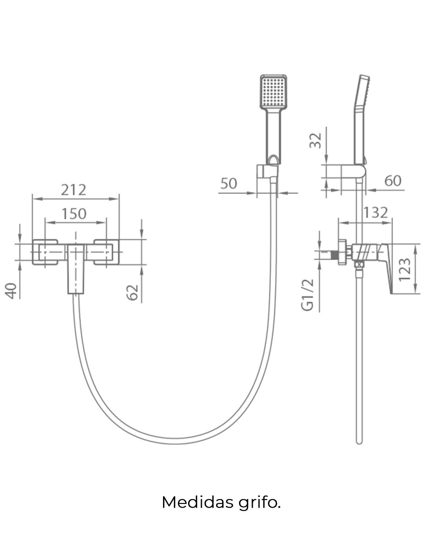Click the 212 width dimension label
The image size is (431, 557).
coord(74,190)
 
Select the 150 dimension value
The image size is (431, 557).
coord(74,214)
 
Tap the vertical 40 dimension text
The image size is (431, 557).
coord(13,290)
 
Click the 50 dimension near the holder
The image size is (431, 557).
coord(228,183)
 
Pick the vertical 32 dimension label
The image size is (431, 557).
coord(316,140)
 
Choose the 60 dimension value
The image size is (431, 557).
coord(393,181)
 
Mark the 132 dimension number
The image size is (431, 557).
coord(375,213)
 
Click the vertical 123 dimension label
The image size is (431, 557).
coord(405,269)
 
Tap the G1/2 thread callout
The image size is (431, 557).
coord(308,295)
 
